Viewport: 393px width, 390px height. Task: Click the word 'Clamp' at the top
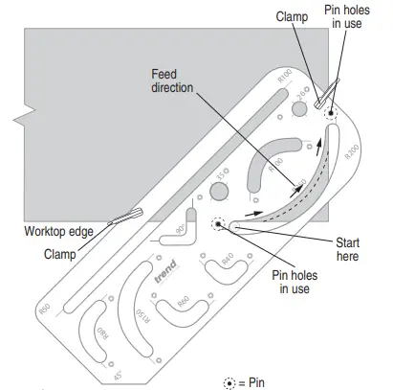click(292, 16)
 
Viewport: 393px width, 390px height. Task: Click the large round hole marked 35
click(218, 192)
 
